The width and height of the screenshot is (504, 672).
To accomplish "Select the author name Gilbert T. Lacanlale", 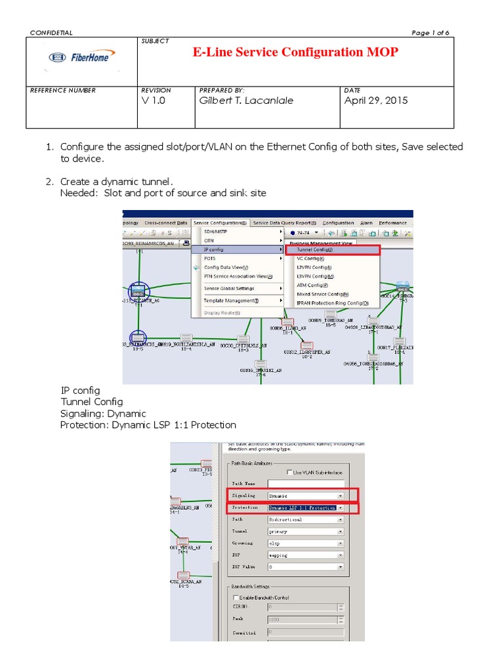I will point(246,100).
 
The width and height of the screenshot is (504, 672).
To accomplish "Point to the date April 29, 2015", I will point(375,100).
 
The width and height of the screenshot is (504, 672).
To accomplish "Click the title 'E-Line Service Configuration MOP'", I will point(295,52).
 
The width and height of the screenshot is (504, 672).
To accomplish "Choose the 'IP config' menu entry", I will point(217,249).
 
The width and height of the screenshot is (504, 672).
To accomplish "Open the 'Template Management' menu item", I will point(231,300).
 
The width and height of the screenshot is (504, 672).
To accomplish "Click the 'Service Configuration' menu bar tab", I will point(220,222).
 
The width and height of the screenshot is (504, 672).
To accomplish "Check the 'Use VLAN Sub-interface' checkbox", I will point(289,472).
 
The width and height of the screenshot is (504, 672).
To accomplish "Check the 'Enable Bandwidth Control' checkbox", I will point(237,597).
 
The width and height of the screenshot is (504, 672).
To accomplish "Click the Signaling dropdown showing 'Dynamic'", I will point(306,495).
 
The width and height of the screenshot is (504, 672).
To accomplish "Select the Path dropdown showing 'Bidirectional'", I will point(306,519).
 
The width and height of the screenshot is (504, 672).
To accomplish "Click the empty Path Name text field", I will point(306,484).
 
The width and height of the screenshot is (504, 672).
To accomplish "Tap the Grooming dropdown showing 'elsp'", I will point(306,543).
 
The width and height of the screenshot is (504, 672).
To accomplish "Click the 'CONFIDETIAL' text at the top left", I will point(52,33).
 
